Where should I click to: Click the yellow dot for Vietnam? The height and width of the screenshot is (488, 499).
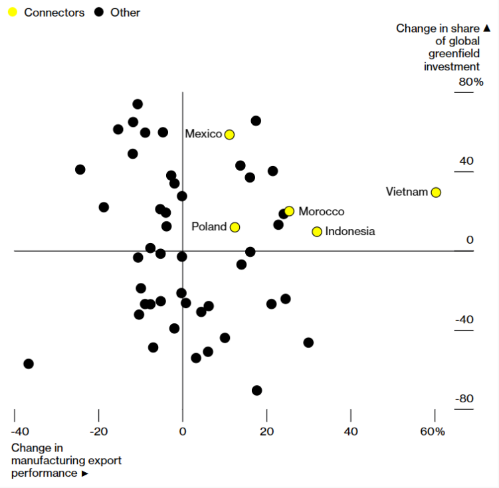click(x=436, y=193)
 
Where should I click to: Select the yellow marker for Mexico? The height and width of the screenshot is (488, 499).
click(x=229, y=135)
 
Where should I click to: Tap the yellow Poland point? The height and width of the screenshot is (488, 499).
click(x=235, y=227)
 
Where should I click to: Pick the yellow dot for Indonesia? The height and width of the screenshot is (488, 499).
click(x=317, y=232)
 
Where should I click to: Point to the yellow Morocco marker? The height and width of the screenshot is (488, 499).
click(x=289, y=211)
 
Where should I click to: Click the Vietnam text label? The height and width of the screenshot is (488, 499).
click(x=407, y=192)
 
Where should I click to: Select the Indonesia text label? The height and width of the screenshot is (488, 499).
click(x=350, y=232)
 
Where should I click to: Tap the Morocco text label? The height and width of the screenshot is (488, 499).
click(x=322, y=212)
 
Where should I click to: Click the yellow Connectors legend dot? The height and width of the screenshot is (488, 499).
click(x=12, y=12)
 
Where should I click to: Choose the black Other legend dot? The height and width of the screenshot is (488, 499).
click(x=99, y=12)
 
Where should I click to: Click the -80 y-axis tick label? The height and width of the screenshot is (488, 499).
click(x=464, y=398)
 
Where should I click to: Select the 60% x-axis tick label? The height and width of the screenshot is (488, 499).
click(x=433, y=432)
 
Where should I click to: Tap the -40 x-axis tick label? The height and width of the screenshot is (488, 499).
click(x=14, y=432)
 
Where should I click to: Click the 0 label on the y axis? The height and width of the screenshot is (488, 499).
click(x=470, y=240)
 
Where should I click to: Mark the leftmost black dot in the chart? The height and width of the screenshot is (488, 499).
click(x=29, y=364)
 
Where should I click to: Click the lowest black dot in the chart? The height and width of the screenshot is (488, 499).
click(x=257, y=390)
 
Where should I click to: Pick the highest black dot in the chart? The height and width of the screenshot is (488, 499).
click(x=138, y=104)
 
